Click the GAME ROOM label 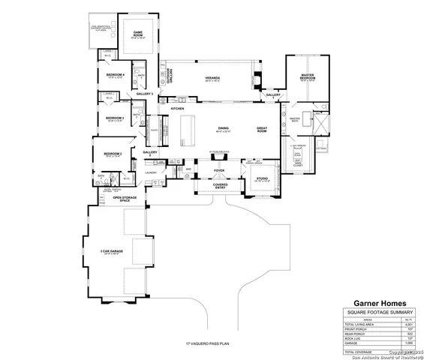point(138,34)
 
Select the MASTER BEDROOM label point(307,76)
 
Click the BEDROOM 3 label point(114,118)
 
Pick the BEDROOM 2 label point(113,154)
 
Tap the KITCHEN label point(177,109)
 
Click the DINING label point(223,129)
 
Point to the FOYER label point(219,170)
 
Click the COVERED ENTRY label point(220,185)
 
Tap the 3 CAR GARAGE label point(111,252)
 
